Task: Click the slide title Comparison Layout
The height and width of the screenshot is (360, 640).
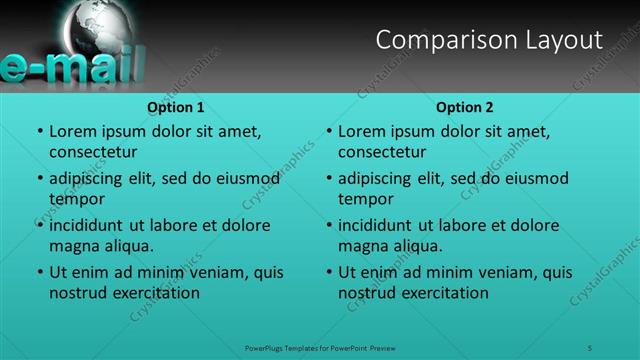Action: tap(489, 40)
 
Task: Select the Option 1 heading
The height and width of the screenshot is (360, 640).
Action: tap(176, 107)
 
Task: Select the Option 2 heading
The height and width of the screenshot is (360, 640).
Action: tap(465, 107)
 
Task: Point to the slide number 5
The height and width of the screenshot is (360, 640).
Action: tap(591, 347)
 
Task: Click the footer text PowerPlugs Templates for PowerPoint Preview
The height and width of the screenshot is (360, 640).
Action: tap(320, 347)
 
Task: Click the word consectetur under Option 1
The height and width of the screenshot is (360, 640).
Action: tap(93, 152)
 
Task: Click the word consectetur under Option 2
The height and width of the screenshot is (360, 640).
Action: tap(382, 152)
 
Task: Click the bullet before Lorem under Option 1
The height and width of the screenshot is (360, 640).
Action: tap(40, 132)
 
